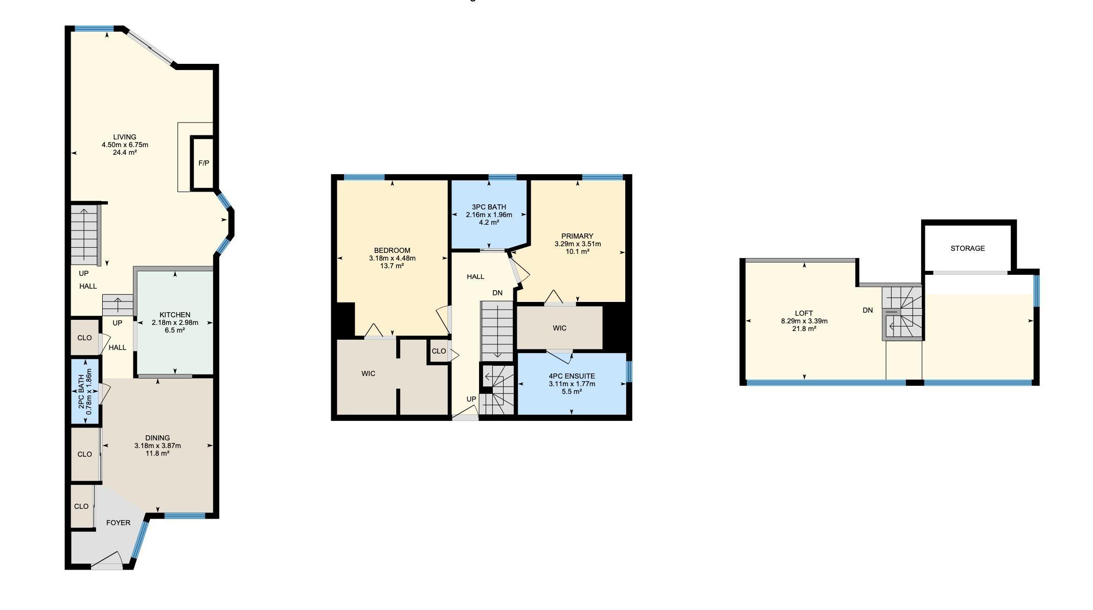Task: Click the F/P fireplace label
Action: pyautogui.click(x=203, y=163)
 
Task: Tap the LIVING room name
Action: pyautogui.click(x=125, y=137)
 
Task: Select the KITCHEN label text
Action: pyautogui.click(x=175, y=315)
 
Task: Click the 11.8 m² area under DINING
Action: pyautogui.click(x=157, y=453)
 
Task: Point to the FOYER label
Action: pyautogui.click(x=118, y=523)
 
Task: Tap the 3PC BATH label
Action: pyautogui.click(x=489, y=207)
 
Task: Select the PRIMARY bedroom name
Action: pyautogui.click(x=577, y=236)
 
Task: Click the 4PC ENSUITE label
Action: pyautogui.click(x=572, y=376)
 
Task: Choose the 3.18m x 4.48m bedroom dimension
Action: pyautogui.click(x=392, y=258)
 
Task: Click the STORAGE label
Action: pyautogui.click(x=967, y=248)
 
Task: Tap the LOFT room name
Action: pyautogui.click(x=804, y=313)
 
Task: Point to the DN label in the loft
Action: pyautogui.click(x=868, y=310)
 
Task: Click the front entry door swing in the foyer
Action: pyautogui.click(x=107, y=560)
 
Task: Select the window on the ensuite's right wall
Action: pyautogui.click(x=629, y=371)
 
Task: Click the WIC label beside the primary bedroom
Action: pyautogui.click(x=559, y=328)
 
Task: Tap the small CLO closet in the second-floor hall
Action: pyautogui.click(x=439, y=351)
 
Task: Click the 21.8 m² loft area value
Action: pyautogui.click(x=804, y=329)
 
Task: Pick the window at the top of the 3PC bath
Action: pyautogui.click(x=503, y=177)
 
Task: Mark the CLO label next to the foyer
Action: pyautogui.click(x=81, y=506)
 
